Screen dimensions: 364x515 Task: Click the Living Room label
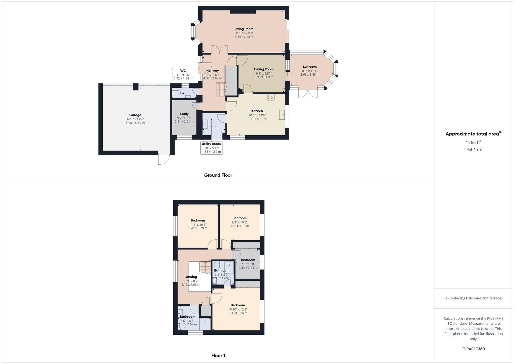244,29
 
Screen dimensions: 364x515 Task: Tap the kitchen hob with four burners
271,97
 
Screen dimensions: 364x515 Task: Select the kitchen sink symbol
282,114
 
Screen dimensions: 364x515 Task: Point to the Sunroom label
310,67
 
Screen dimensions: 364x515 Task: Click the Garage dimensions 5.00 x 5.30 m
135,123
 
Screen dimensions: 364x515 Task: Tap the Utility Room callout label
211,144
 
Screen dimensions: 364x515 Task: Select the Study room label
184,114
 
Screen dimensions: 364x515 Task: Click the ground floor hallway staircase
221,90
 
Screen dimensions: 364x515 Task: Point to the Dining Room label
264,69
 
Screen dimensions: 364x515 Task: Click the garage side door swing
164,159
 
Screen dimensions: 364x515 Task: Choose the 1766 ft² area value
473,142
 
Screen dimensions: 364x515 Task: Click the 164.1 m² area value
473,150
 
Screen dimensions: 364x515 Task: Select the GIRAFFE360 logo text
473,349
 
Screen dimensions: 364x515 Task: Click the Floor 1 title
218,356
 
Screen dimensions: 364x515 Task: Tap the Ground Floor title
218,175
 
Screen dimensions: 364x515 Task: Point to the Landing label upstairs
191,277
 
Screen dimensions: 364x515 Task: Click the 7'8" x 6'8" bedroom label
248,264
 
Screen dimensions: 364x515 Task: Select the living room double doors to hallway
220,49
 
